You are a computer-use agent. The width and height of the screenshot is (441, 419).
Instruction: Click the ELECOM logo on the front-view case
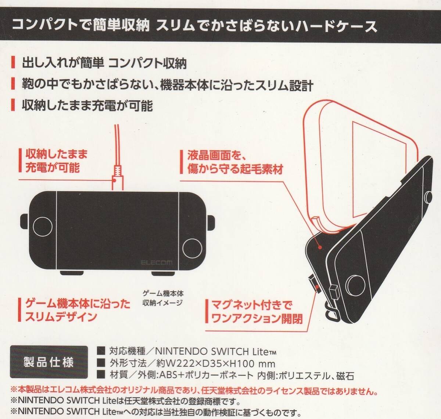point(156,262)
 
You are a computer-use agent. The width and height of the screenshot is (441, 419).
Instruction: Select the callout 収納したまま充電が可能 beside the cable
point(56,161)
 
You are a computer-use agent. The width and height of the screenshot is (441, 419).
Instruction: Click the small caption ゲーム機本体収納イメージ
point(162,298)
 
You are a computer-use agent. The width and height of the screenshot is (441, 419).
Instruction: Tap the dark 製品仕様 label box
point(49,362)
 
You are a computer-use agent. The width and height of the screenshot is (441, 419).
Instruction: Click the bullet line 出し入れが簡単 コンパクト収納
point(104,63)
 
